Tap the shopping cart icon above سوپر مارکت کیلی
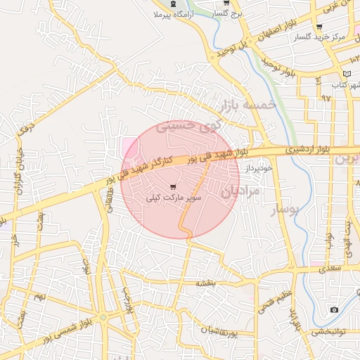point(174,187)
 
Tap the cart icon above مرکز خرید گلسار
point(320,27)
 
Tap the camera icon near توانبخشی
point(334,309)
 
